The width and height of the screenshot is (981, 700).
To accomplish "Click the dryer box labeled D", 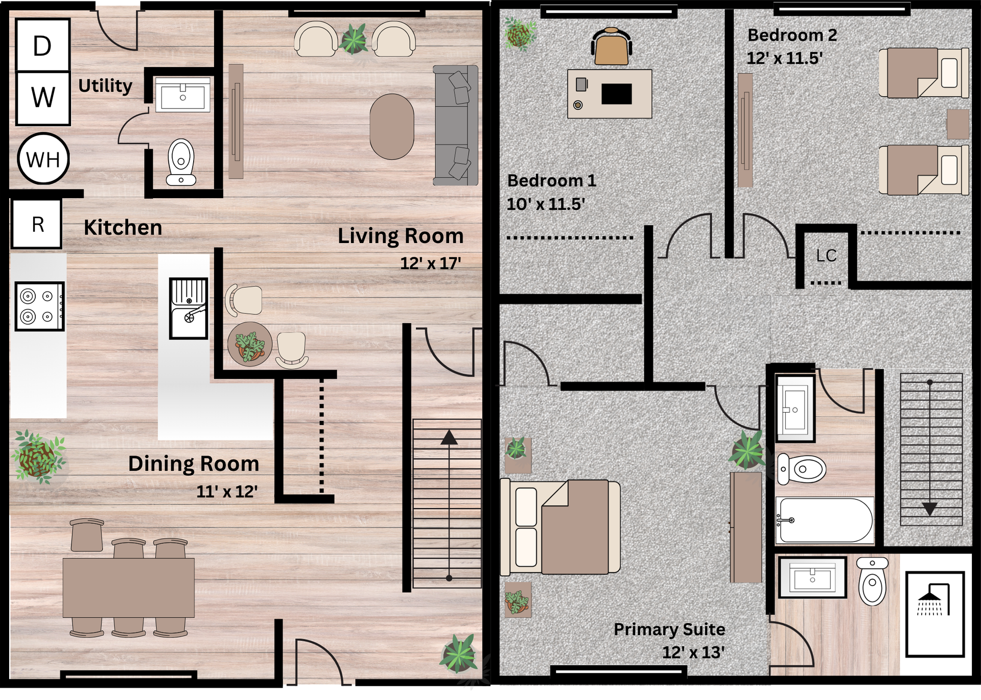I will point(42,45).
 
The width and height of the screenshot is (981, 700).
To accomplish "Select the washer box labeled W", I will point(42,98).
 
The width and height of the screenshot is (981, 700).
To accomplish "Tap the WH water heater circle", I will point(43,159).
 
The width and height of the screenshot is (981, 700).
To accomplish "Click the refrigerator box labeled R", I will point(37,224).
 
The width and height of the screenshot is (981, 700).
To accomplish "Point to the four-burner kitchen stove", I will point(39,306).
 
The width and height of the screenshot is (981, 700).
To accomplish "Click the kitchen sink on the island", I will point(189,308).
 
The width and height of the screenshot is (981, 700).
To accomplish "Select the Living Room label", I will point(400,236).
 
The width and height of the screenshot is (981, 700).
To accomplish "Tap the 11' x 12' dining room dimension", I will point(227,492).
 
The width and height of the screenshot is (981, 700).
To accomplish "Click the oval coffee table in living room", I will point(391,127).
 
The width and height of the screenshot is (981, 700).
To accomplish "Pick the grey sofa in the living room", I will point(455,125).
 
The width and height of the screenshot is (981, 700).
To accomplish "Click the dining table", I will point(128,587).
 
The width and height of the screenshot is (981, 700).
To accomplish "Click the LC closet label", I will point(826,256).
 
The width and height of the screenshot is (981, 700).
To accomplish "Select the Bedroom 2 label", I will point(792,35).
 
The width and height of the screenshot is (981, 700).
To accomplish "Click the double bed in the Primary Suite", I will point(560,527).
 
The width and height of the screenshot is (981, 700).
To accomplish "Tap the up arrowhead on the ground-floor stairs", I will point(449,438).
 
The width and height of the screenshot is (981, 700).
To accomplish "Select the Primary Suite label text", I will point(669,630).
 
